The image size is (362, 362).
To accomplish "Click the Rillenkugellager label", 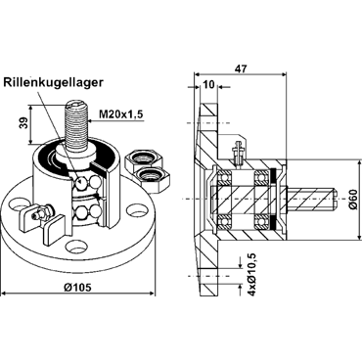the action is (x=54, y=82).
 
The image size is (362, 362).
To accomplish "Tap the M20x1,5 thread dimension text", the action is (x=121, y=114).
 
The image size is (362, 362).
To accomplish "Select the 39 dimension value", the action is (x=23, y=123).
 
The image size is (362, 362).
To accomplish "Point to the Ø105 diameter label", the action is (x=78, y=287).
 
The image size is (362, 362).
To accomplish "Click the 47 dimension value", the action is (x=242, y=68).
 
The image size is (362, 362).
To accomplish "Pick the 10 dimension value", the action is (x=208, y=85).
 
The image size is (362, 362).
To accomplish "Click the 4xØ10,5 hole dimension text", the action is (x=251, y=273).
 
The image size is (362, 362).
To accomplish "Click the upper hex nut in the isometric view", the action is (x=144, y=158).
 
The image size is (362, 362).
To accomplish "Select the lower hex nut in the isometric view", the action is (x=153, y=179).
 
